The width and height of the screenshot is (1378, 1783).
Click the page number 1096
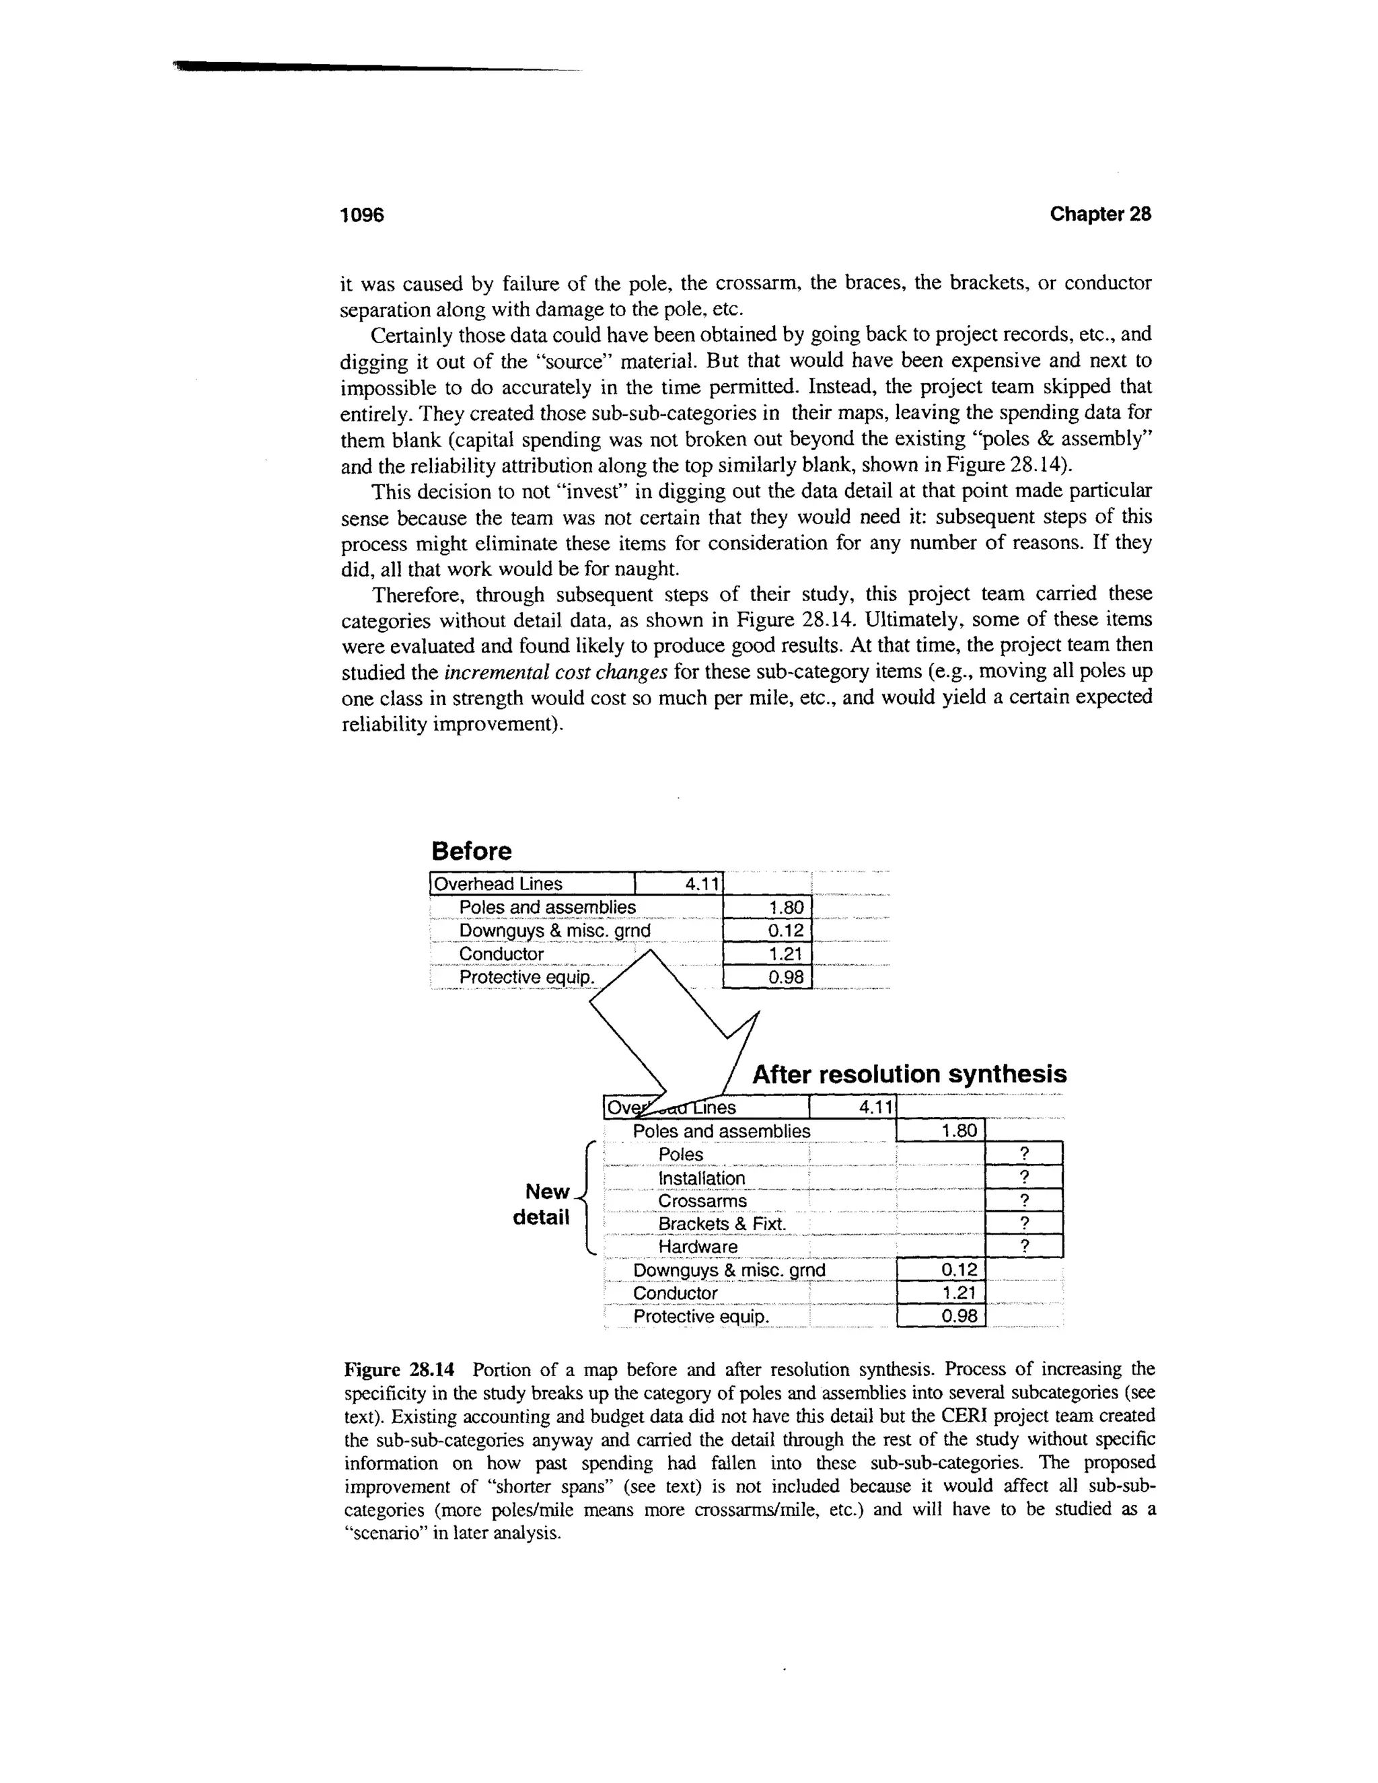[361, 215]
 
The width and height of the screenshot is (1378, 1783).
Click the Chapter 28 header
[1099, 214]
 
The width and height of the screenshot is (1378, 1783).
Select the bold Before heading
[471, 852]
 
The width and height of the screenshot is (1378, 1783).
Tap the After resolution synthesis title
[908, 1075]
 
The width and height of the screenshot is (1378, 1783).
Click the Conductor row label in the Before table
[501, 954]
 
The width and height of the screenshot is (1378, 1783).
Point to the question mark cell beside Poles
[1025, 1153]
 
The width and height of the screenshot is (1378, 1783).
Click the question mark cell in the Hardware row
[1025, 1246]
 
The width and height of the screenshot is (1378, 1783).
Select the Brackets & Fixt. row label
[722, 1224]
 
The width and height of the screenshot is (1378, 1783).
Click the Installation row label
[701, 1178]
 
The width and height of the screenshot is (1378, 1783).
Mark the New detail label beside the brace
[541, 1204]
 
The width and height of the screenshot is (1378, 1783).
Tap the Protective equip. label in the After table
[701, 1317]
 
